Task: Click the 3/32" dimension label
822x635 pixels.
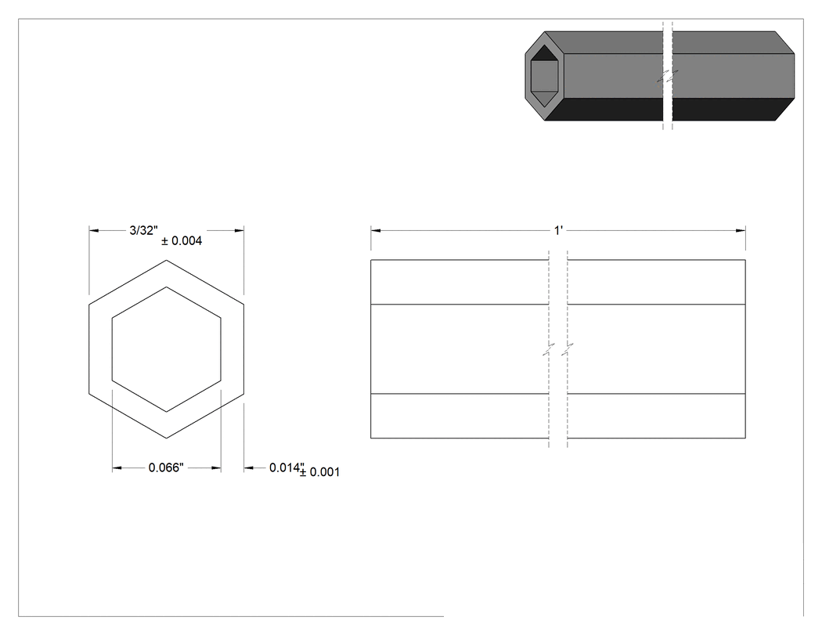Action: [x=143, y=230]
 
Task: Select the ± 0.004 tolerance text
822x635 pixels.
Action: [x=182, y=240]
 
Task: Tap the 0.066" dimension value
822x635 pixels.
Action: [x=166, y=467]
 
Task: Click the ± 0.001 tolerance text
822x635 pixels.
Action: [x=319, y=472]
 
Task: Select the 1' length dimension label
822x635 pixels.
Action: [x=558, y=230]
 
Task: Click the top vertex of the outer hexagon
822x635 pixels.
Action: [x=166, y=260]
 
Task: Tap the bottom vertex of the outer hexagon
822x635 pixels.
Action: [x=166, y=438]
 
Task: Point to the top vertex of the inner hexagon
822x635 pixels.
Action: [x=166, y=287]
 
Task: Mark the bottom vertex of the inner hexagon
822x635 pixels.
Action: [x=166, y=412]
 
